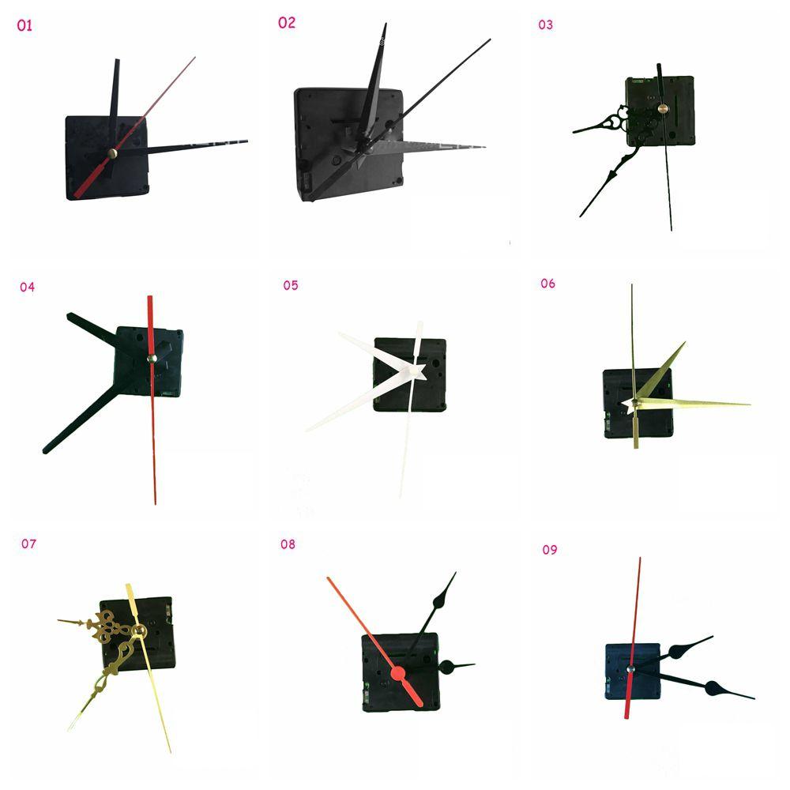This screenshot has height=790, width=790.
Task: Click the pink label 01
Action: tap(24, 26)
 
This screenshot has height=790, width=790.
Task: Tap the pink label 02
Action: tap(286, 23)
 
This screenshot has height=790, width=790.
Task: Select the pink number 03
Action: tap(546, 24)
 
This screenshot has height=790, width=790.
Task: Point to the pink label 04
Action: tap(28, 287)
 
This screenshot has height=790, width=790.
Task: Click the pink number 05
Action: tap(291, 285)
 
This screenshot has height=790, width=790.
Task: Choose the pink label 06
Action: tap(547, 284)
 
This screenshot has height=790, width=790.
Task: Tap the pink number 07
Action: tap(29, 544)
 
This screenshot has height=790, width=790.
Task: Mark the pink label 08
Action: tap(288, 544)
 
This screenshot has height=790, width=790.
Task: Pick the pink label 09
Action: tap(550, 549)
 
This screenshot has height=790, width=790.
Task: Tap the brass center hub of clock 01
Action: tap(112, 154)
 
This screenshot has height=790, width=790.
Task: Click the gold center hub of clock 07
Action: tap(141, 630)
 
